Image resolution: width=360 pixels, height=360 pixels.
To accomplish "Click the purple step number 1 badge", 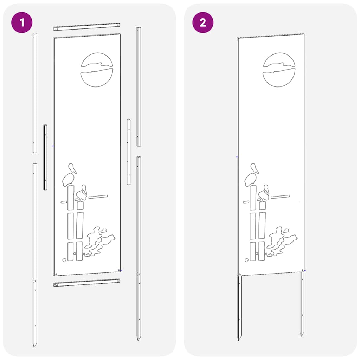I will pyautogui.click(x=22, y=23).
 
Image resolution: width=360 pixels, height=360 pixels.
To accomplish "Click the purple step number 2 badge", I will pyautogui.click(x=203, y=23).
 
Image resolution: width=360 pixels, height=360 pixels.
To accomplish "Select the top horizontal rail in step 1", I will pyautogui.click(x=86, y=27).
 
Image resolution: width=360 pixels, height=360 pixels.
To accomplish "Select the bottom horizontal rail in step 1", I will pyautogui.click(x=86, y=282).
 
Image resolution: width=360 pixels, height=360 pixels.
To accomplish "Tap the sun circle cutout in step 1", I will pyautogui.click(x=97, y=70).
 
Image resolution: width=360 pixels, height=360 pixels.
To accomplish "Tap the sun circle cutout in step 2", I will pyautogui.click(x=279, y=70).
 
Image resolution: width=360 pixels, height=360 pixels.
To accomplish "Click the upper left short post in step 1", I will pyautogui.click(x=34, y=93).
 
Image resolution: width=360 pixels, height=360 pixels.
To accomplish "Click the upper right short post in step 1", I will pyautogui.click(x=139, y=86).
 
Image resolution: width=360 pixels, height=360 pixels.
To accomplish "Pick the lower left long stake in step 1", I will pyautogui.click(x=34, y=253).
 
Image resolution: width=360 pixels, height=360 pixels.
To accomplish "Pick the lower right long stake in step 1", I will pyautogui.click(x=139, y=246).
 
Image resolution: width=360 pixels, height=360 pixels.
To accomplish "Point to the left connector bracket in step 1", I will pyautogui.click(x=45, y=157).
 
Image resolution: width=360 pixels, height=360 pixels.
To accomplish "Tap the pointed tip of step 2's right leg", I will pyautogui.click(x=302, y=334).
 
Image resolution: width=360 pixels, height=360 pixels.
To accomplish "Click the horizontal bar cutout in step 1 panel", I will pyautogui.click(x=98, y=196).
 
